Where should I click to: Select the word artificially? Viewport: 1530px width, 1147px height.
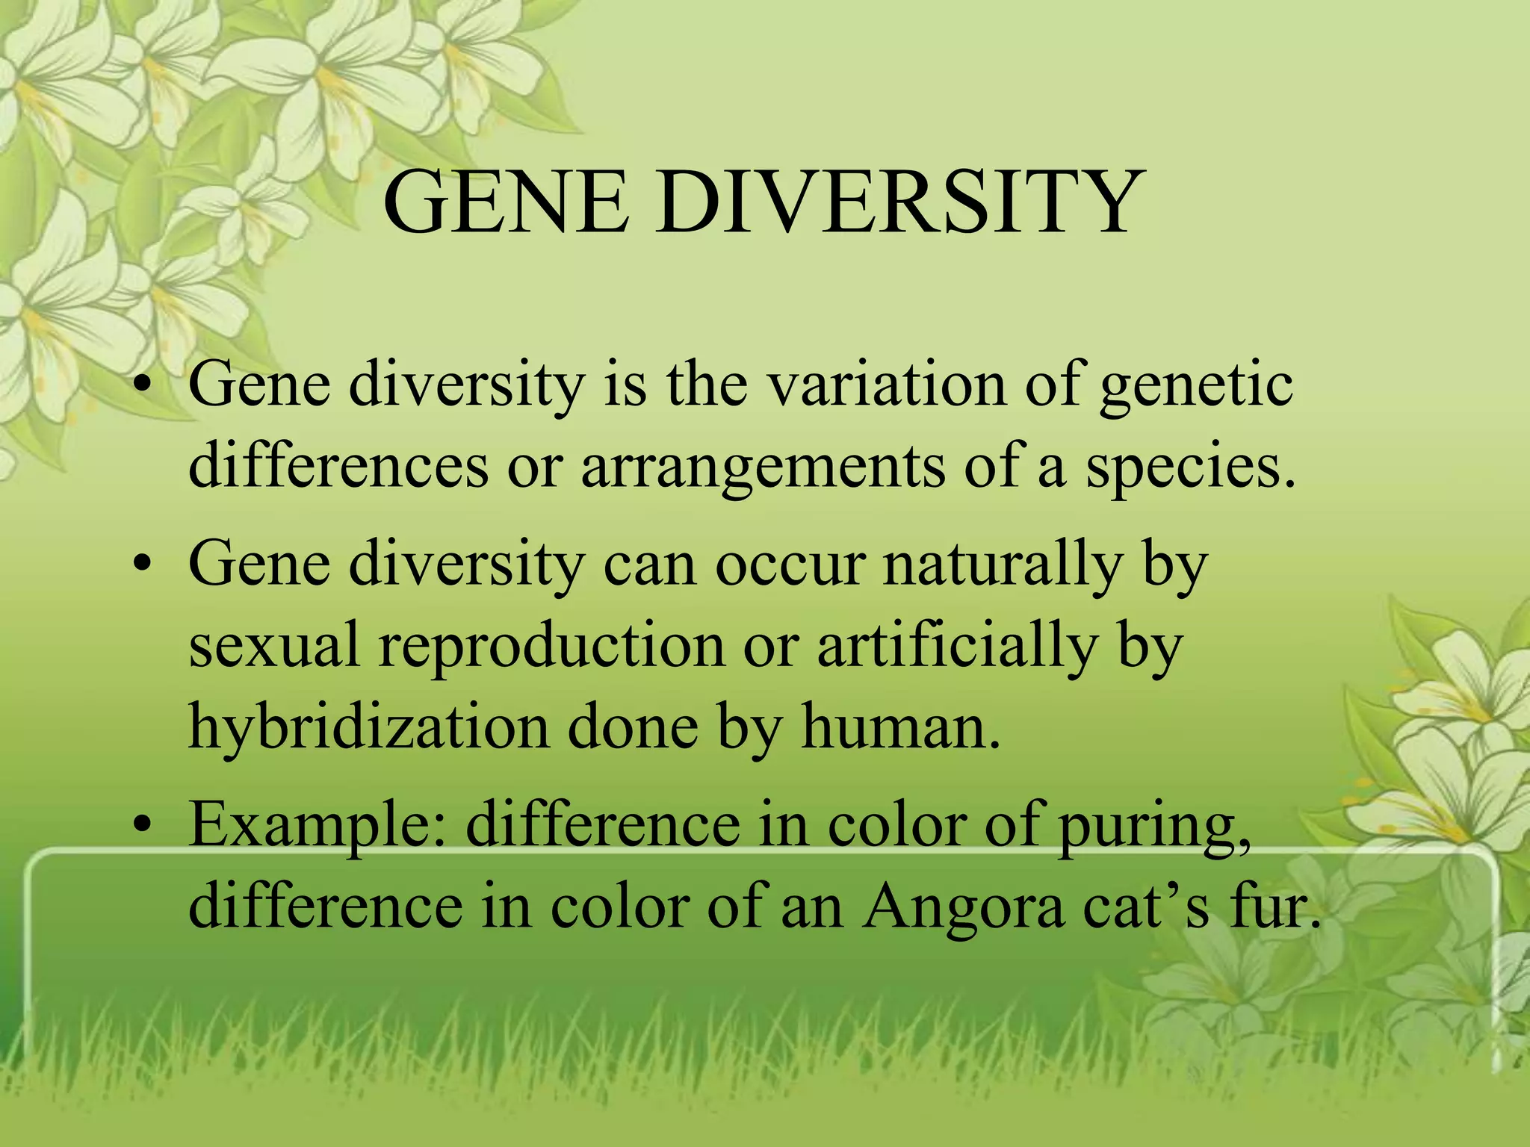[957, 647]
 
